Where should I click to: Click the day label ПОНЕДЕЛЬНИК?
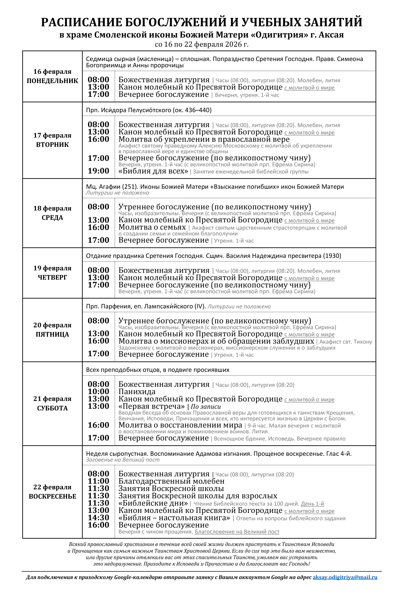click(52, 81)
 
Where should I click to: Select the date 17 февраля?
click(52, 135)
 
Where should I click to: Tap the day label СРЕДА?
click(52, 218)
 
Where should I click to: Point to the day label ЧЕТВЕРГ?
click(52, 277)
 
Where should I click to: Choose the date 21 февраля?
click(52, 399)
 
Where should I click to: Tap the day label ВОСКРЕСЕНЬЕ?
click(52, 496)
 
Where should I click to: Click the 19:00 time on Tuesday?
click(99, 171)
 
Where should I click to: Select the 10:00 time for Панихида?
click(99, 391)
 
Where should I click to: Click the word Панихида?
click(137, 392)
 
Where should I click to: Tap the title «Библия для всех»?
click(153, 171)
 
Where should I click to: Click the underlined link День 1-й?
click(312, 504)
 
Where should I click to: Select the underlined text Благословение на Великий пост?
click(237, 532)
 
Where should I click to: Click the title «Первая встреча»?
click(152, 406)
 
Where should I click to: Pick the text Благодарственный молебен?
click(171, 481)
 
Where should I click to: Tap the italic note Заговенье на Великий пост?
click(123, 460)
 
